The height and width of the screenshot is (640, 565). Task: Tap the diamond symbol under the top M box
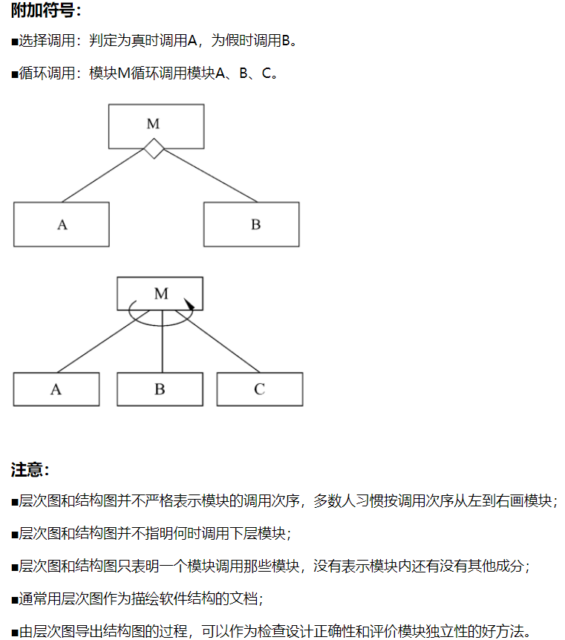[x=154, y=148]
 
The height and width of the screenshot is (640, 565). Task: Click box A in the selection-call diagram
[x=61, y=224]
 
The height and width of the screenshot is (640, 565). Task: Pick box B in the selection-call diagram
[x=252, y=224]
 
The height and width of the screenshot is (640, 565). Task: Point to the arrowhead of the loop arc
[x=190, y=304]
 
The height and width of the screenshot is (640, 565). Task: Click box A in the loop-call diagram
[x=56, y=389]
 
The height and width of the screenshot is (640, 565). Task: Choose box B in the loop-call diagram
[x=160, y=389]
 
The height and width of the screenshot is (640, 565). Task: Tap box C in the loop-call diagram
[x=259, y=389]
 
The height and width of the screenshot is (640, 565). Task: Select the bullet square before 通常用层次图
[x=14, y=599]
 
